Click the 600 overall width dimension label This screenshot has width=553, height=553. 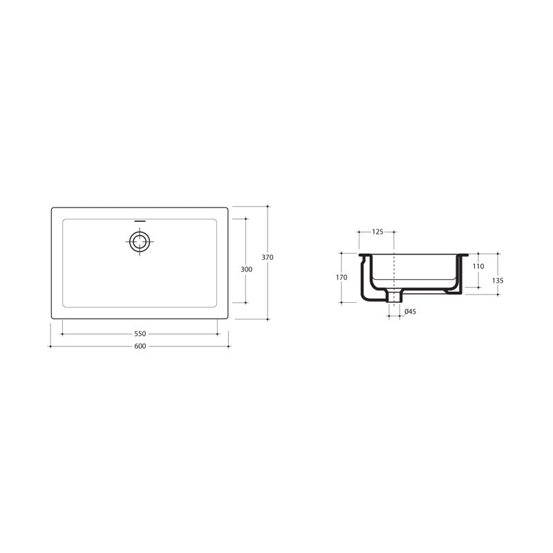(140, 346)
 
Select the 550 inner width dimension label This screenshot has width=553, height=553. (140, 334)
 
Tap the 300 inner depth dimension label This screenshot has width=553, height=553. (246, 270)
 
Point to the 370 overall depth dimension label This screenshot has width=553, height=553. (268, 257)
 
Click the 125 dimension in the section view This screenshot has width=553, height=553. (377, 232)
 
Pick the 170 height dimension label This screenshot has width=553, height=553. (341, 278)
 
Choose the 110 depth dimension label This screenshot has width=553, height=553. (478, 266)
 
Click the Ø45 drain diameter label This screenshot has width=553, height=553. (410, 312)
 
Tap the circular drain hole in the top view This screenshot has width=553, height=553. (140, 241)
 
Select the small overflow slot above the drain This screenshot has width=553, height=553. (140, 222)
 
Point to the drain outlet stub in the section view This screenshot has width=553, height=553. (394, 297)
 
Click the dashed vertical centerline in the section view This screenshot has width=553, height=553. (394, 270)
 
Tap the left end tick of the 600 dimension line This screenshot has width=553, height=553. (52, 346)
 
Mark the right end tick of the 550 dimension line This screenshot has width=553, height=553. (218, 334)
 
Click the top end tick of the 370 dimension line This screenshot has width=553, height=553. (268, 206)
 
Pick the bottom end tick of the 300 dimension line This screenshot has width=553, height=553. (246, 302)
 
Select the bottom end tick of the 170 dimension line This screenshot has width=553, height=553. (341, 302)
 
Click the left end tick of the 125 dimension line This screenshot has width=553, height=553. (359, 232)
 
